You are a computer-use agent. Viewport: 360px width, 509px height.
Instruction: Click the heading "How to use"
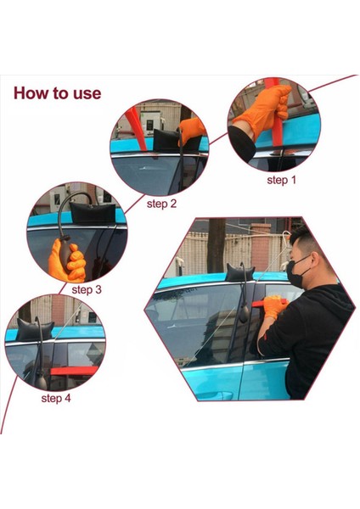coord(58,92)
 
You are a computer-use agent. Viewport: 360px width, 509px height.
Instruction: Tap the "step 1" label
coord(282,180)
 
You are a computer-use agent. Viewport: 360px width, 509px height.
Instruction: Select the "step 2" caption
coord(161,204)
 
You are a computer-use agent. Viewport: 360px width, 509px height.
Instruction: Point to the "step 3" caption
coord(87,289)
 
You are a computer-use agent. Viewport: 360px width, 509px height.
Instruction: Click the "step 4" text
coord(56,398)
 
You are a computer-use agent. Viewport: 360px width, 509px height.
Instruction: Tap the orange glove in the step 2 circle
coord(192,130)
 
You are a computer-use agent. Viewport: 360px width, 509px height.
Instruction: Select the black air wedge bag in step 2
coord(167,140)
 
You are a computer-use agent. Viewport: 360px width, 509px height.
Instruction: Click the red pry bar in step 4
coord(74,371)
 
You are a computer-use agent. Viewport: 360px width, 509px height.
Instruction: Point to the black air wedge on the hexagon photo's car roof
coord(239,272)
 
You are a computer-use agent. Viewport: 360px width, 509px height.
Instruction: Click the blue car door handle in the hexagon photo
coord(215,395)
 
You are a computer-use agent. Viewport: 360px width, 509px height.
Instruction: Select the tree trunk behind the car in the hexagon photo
coord(217,245)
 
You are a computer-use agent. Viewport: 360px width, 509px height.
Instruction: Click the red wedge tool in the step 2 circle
coord(137,129)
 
